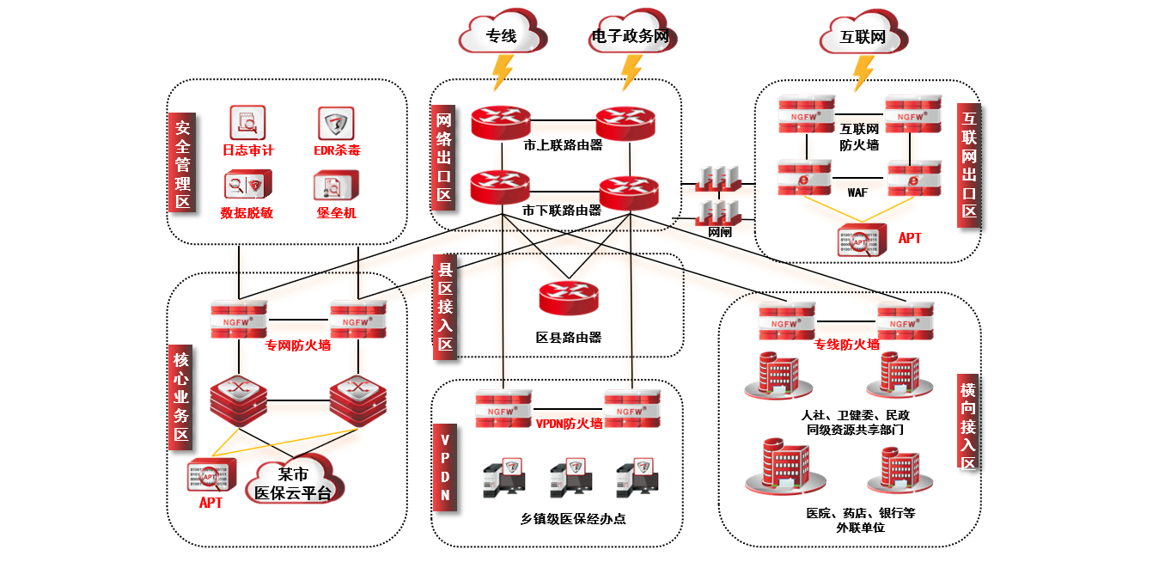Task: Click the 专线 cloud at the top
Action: coord(502,35)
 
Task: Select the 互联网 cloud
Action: coord(863,36)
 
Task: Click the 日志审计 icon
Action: coord(247,124)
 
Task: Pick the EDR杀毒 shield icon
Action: coord(336,124)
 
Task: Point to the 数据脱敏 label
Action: coord(247,212)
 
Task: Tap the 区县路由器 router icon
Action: coord(568,297)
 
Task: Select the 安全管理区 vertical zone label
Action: coord(182,163)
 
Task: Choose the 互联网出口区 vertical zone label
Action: coord(969,164)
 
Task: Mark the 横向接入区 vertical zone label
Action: coord(968,418)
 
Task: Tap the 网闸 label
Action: coord(719,232)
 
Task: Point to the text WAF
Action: coord(857,193)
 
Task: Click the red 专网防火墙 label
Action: coord(298,345)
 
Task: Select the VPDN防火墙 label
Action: coord(569,423)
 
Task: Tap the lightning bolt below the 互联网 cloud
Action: coord(862,73)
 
